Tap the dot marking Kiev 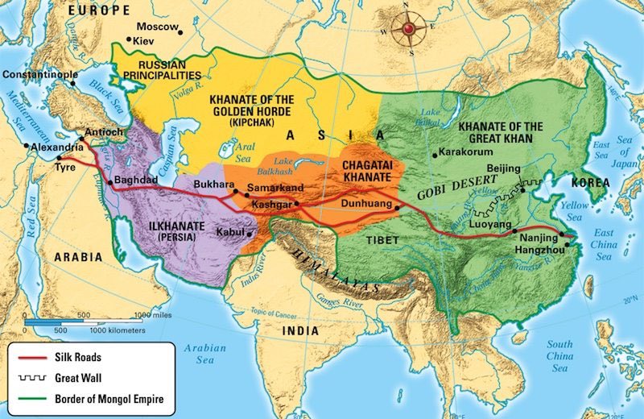[x=130, y=39]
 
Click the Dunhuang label [x=369, y=205]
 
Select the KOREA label [x=591, y=184]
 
